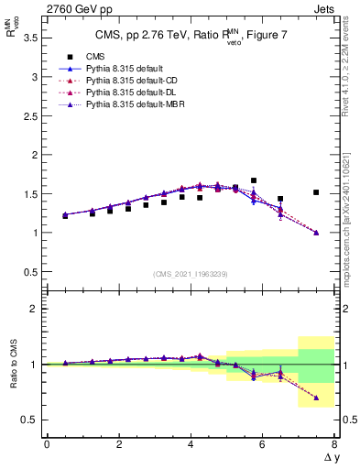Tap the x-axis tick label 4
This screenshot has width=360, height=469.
click(x=191, y=444)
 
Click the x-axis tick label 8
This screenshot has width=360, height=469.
click(x=334, y=444)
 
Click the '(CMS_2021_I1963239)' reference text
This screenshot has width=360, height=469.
click(x=191, y=274)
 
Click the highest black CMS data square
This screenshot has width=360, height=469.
click(x=254, y=180)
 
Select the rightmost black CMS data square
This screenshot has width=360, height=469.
click(x=316, y=192)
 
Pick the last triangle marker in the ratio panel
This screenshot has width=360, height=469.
click(x=316, y=398)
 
